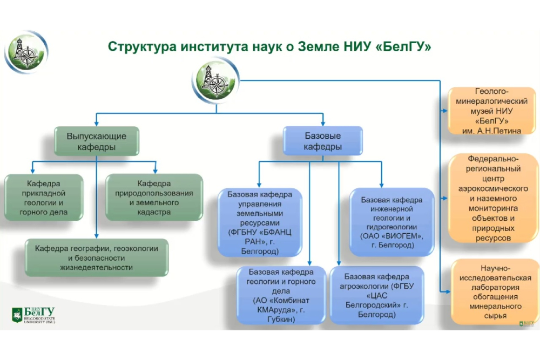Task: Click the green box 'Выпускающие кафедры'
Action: (x=96, y=141)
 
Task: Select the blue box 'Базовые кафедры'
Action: (x=322, y=141)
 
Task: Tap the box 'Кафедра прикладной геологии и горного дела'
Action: (x=44, y=197)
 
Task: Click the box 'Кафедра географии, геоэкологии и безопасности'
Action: (x=97, y=257)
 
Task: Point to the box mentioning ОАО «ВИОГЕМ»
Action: (x=391, y=222)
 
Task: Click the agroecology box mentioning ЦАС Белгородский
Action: (x=377, y=295)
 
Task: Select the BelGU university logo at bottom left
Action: (x=33, y=315)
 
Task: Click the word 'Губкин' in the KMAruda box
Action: (x=275, y=319)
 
